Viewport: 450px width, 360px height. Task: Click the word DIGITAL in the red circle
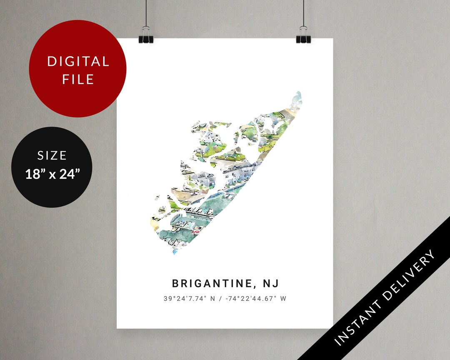pyautogui.click(x=78, y=62)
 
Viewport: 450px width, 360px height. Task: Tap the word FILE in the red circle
pyautogui.click(x=78, y=79)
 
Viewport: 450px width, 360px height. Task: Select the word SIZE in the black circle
pyautogui.click(x=52, y=156)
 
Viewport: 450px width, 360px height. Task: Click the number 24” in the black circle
pyautogui.click(x=68, y=173)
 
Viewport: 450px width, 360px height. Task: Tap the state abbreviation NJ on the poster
pyautogui.click(x=271, y=284)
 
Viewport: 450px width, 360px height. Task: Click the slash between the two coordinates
pyautogui.click(x=219, y=299)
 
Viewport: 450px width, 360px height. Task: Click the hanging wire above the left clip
pyautogui.click(x=146, y=12)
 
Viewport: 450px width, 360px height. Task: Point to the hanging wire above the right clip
pyautogui.click(x=303, y=12)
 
